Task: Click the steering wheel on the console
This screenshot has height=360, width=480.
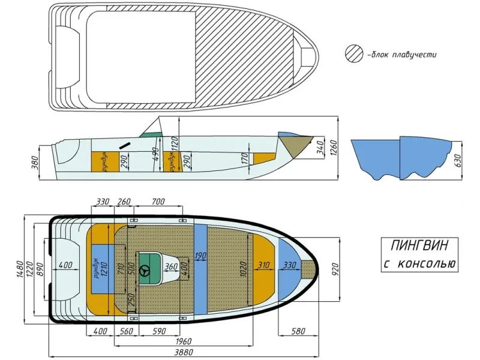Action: pyautogui.click(x=145, y=271)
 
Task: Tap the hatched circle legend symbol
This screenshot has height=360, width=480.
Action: pyautogui.click(x=353, y=54)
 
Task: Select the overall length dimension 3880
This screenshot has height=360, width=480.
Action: pyautogui.click(x=184, y=352)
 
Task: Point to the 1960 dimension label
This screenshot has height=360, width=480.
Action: pyautogui.click(x=184, y=341)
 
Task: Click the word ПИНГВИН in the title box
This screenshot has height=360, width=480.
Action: pyautogui.click(x=419, y=245)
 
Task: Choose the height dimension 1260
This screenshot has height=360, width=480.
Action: pyautogui.click(x=334, y=148)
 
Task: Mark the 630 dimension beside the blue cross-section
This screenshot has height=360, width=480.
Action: pyautogui.click(x=458, y=160)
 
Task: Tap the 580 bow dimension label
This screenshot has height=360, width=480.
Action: pyautogui.click(x=298, y=331)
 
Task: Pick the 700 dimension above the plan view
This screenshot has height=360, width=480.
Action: pyautogui.click(x=158, y=202)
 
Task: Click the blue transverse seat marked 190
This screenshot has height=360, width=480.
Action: pyautogui.click(x=200, y=269)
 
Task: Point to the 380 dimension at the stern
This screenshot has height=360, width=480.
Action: pyautogui.click(x=35, y=163)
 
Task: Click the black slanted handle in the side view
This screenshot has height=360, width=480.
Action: pyautogui.click(x=125, y=145)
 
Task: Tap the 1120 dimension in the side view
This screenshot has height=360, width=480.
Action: pyautogui.click(x=175, y=143)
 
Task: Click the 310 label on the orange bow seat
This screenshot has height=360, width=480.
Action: pyautogui.click(x=263, y=265)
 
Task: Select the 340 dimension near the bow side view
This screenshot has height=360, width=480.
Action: pyautogui.click(x=320, y=148)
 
